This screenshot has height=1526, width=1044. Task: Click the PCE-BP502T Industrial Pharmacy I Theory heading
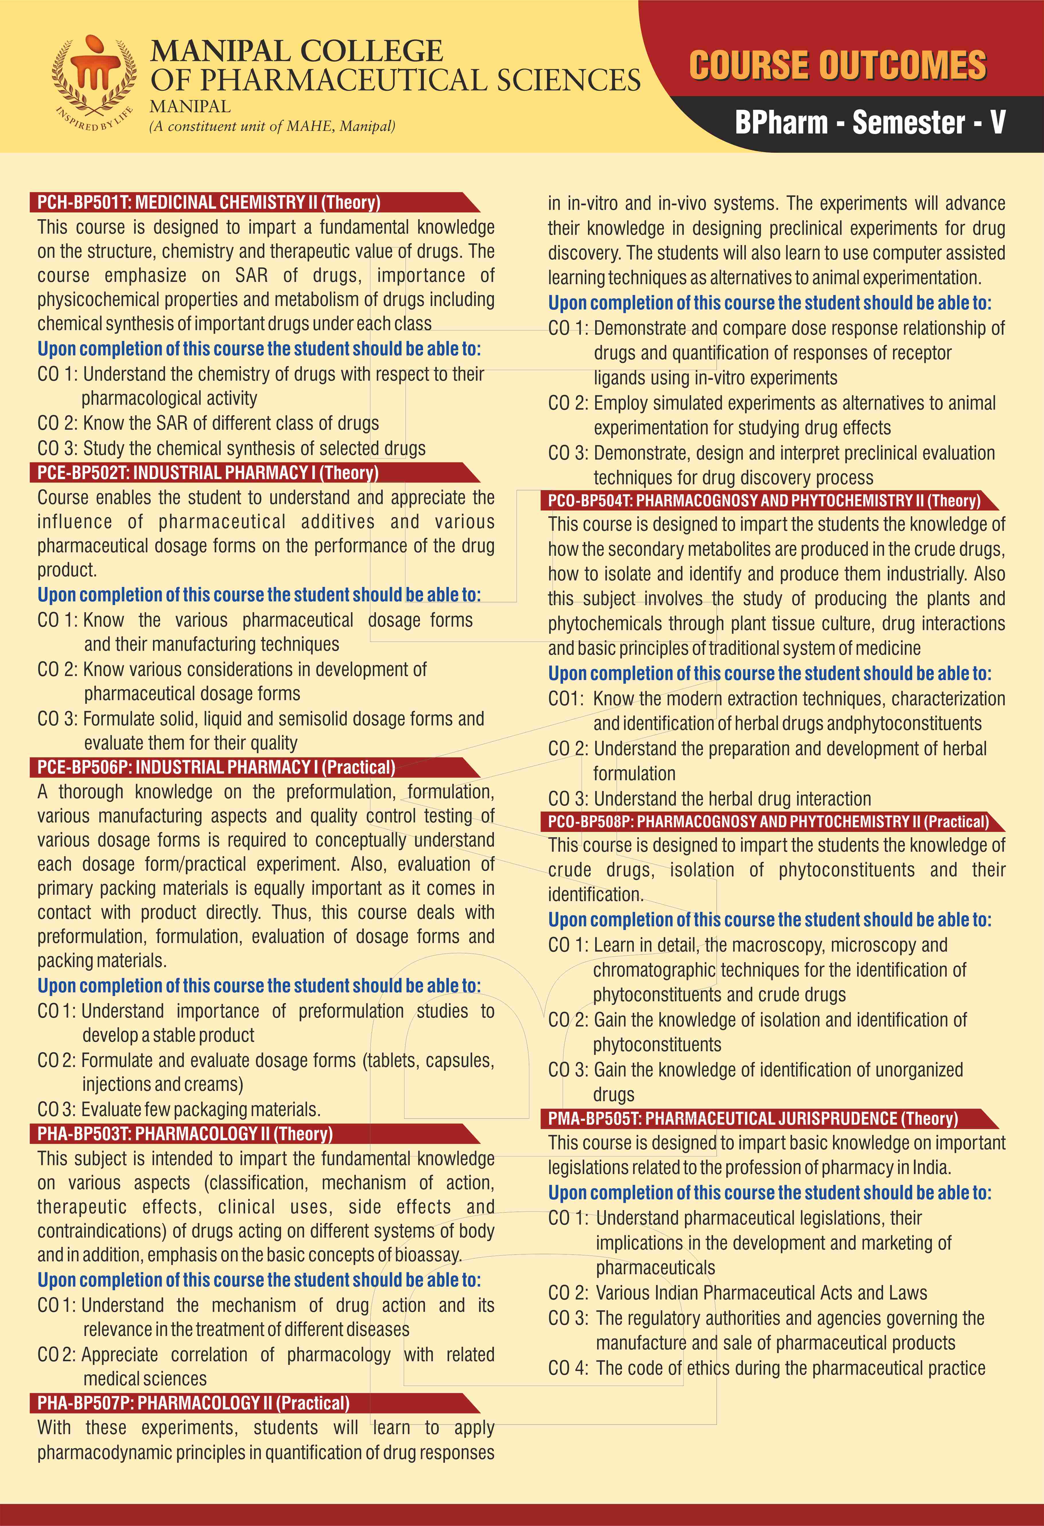pos(207,473)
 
